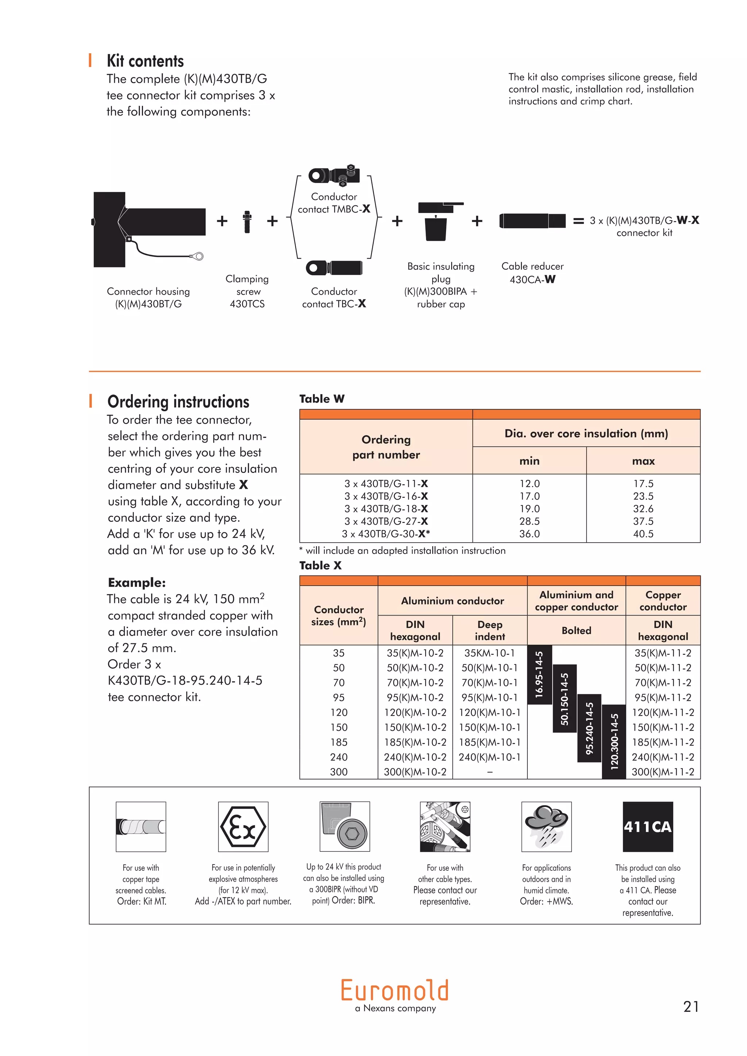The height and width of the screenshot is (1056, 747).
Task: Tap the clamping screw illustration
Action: click(x=247, y=222)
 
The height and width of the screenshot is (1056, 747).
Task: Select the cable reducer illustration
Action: click(x=532, y=221)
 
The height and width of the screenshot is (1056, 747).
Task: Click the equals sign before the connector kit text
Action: click(x=578, y=221)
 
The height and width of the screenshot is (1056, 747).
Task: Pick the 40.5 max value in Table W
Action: click(x=643, y=534)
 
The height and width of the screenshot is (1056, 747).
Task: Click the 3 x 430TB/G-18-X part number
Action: click(x=386, y=509)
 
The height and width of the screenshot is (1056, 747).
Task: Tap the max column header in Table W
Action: click(x=643, y=461)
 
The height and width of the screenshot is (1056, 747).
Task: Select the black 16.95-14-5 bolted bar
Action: click(x=539, y=675)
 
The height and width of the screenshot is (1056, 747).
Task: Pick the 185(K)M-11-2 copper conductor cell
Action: click(x=662, y=742)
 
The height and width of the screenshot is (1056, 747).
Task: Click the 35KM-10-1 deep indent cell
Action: click(x=489, y=653)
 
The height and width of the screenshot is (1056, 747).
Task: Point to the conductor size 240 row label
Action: click(x=338, y=757)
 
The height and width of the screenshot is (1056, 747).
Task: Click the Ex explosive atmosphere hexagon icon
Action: click(x=243, y=827)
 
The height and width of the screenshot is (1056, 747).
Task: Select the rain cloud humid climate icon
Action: click(x=546, y=827)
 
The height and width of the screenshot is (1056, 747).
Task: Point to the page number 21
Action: click(x=691, y=1007)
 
